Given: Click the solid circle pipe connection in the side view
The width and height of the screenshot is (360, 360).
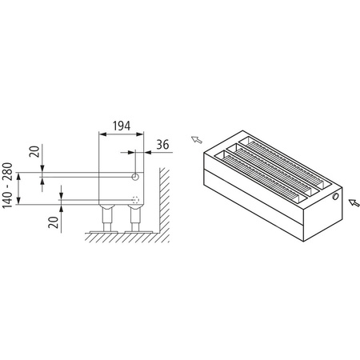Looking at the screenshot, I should [136, 175].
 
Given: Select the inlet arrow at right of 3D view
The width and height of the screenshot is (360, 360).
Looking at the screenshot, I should [350, 202].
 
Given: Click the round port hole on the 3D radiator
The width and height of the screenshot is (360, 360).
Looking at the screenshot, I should [335, 195].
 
